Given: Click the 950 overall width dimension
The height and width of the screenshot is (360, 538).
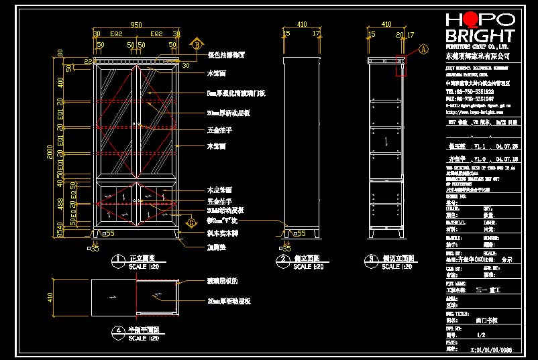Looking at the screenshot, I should click(136, 25).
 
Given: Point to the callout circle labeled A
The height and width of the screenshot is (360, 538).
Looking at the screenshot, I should click(423, 49).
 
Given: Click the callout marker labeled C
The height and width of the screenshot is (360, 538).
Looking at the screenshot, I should click(191, 223).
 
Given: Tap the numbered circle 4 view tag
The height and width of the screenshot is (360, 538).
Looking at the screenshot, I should click(118, 331).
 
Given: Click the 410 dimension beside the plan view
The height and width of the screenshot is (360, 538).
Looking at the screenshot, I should click(50, 296).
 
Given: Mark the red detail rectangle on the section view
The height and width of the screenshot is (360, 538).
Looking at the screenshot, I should click(401, 67).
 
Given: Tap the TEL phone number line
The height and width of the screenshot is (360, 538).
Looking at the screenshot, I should click(470, 91).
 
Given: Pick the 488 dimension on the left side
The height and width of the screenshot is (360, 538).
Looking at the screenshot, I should click(60, 202).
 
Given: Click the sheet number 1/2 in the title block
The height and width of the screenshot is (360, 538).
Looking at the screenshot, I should click(480, 334).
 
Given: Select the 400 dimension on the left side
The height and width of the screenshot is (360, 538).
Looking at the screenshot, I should click(60, 82).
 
